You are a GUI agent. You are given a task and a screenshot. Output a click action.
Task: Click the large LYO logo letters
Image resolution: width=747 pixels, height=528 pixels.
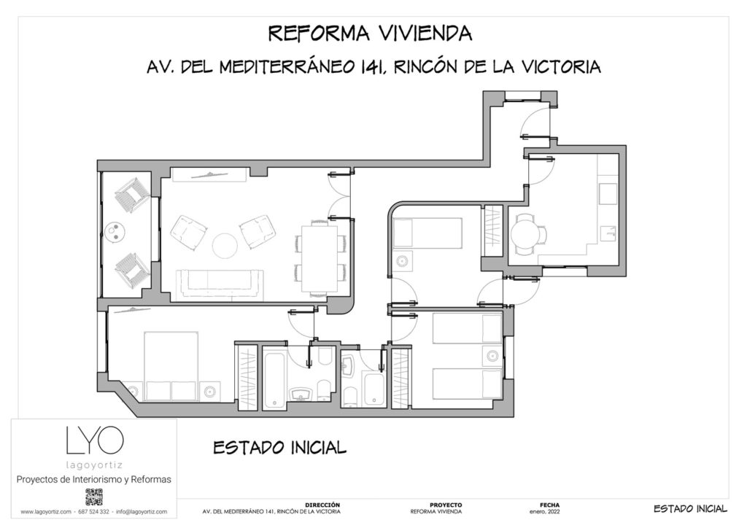pos(94,440)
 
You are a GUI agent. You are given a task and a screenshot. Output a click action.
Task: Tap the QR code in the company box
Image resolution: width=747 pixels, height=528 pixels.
pos(94,497)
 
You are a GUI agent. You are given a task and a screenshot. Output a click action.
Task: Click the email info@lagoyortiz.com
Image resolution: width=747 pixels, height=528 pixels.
pos(142,512)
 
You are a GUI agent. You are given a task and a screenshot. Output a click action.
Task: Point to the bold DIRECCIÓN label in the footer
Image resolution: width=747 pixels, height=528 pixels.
pos(323,505)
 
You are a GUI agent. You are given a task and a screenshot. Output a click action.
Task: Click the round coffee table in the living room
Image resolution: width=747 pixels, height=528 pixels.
pos(225,244)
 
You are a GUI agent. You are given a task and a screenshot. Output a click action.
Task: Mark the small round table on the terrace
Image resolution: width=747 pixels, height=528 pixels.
pos(116,233)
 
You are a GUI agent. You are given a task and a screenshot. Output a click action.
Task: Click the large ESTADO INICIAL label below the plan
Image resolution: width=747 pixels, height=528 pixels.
pos(279,447)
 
